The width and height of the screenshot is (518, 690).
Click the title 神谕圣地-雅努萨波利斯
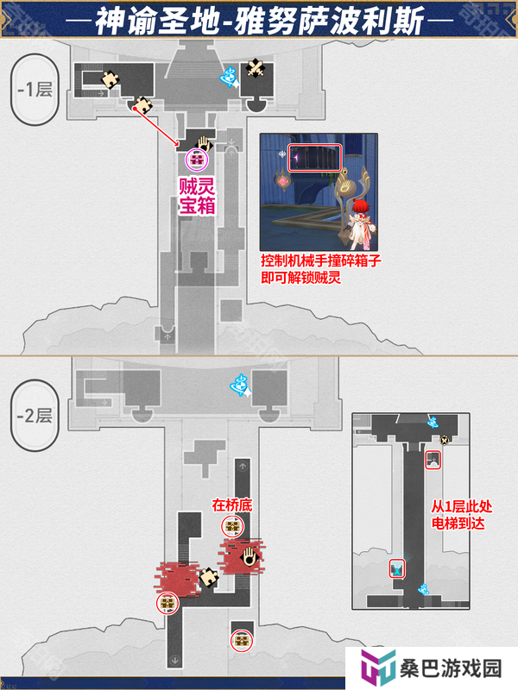pos(260,21)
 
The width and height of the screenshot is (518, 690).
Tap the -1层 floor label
pos(35,90)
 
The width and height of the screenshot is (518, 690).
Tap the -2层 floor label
pos(35,416)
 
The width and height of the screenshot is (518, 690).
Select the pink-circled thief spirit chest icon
pos(197,160)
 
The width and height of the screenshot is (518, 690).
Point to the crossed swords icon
pos(255,69)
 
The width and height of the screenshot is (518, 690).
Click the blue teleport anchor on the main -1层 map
pos(230,77)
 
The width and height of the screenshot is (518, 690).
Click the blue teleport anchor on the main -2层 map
pos(241,385)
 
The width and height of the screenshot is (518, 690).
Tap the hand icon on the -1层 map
pos(203,144)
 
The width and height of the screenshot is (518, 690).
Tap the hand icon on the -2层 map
pos(250,556)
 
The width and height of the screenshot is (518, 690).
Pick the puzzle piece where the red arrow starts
pos(142,105)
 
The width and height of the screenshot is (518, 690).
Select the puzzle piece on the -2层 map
pos(208,577)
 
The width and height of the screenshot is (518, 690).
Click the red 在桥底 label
pos(232,505)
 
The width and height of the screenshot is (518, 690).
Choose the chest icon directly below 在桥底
pos(232,526)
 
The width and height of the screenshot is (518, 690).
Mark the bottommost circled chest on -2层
pos(242,640)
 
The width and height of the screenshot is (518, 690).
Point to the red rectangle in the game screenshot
pos(314,158)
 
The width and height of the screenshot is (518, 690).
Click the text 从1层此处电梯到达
pos(461,515)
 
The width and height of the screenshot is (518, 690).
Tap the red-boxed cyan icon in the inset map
pos(397,568)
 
